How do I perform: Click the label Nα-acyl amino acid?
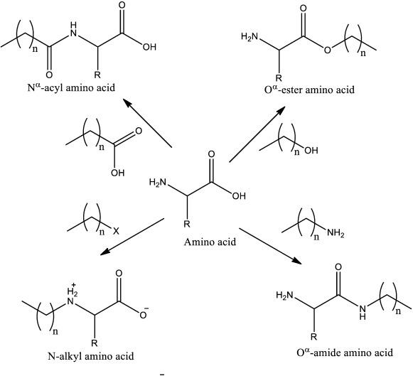coord(71,87)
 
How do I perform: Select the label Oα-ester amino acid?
coord(309,89)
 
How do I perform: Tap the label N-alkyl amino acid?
coord(91,356)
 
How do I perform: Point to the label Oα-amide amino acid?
coord(345,352)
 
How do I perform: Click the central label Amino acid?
coord(210,242)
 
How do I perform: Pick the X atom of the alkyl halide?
coord(116,232)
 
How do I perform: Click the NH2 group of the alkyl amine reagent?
coord(336,233)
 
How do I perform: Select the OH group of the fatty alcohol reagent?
coord(311,151)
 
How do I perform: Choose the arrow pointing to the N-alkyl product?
coord(132,237)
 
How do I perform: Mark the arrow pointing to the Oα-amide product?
coord(269,246)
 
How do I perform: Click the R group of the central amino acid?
coord(186,224)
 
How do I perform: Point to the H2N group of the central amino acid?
coord(158,182)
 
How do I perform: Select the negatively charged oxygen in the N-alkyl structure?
coord(144,313)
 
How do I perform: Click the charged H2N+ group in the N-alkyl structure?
coord(71,295)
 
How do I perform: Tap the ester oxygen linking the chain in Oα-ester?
coord(327,50)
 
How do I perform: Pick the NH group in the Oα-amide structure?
coord(363,311)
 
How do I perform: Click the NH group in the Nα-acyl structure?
coord(74,29)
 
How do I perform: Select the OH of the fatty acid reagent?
coord(118,173)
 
